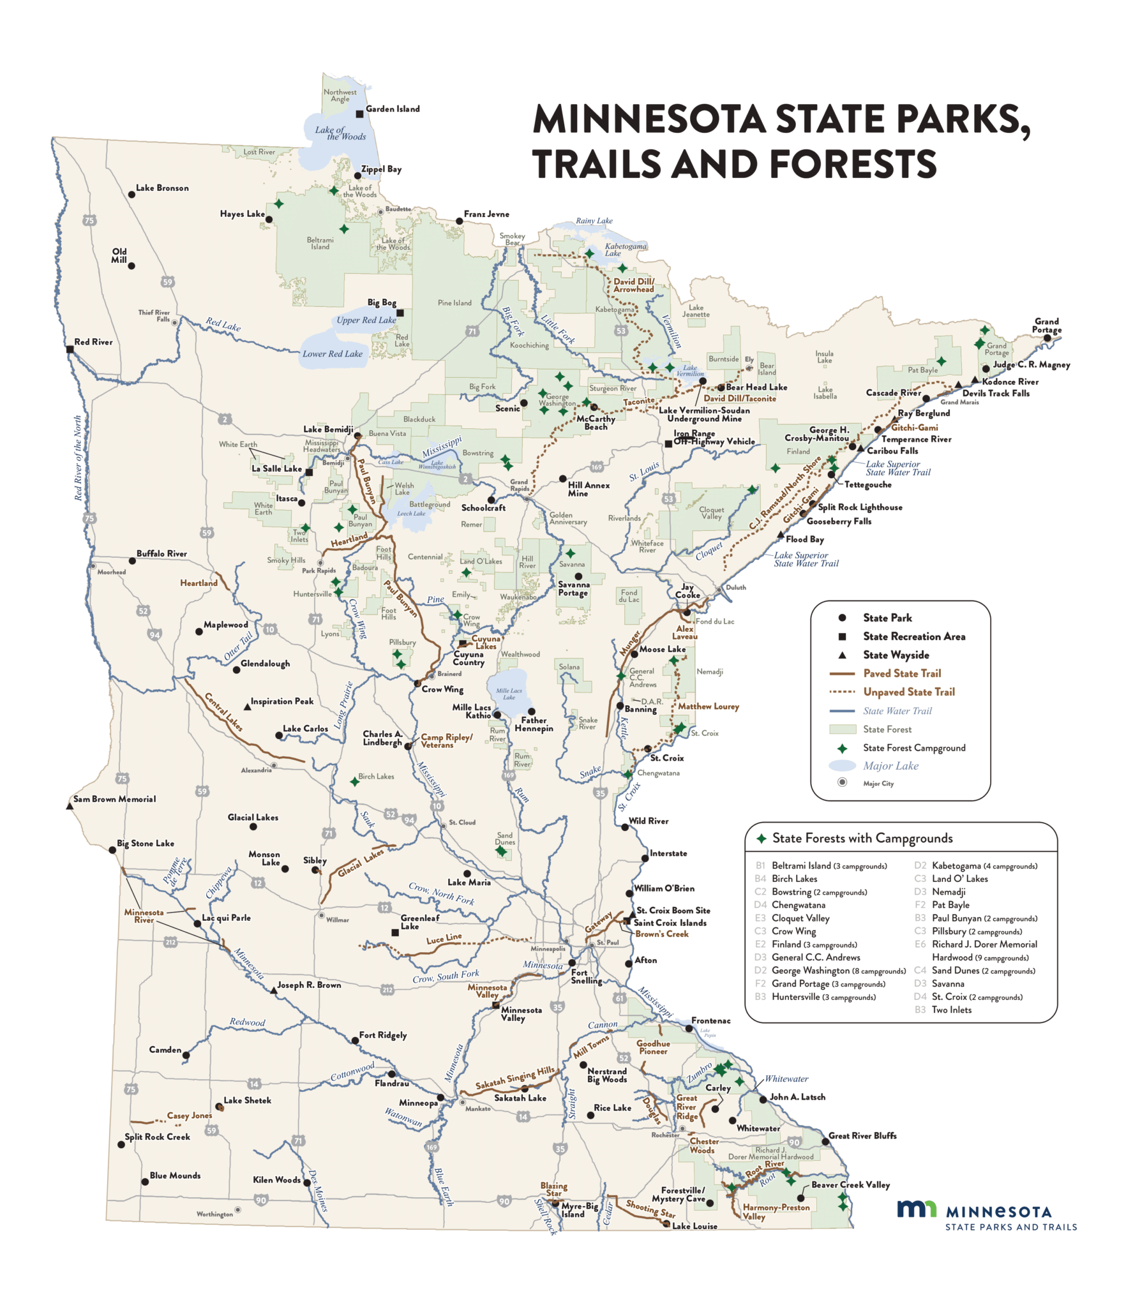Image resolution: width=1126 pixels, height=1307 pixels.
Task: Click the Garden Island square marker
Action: click(x=359, y=114)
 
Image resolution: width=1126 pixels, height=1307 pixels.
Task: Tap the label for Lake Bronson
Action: click(x=162, y=188)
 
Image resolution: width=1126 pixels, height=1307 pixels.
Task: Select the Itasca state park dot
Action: click(x=302, y=503)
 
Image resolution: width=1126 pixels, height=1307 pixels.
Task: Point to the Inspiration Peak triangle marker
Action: click(x=248, y=707)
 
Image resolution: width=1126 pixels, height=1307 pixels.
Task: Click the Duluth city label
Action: click(x=735, y=587)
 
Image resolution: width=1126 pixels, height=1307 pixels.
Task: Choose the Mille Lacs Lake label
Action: click(x=509, y=694)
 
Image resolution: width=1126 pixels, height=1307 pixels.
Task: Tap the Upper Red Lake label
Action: click(x=366, y=320)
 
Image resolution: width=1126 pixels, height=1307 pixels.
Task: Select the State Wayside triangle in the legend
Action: click(x=842, y=655)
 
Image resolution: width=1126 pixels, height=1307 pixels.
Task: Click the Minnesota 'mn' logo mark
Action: click(x=916, y=1209)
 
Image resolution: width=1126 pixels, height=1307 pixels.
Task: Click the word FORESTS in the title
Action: click(x=853, y=165)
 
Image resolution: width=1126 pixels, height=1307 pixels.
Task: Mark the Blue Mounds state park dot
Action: click(x=145, y=1182)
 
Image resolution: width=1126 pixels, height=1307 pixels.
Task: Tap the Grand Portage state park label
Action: click(x=1046, y=325)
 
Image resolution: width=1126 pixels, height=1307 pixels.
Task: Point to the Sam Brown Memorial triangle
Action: click(x=70, y=807)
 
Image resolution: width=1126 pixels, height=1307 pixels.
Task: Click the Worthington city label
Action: click(x=214, y=1214)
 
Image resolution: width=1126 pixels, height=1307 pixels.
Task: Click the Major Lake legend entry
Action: click(x=890, y=766)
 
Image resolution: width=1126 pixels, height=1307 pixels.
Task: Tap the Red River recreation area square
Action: click(x=70, y=350)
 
